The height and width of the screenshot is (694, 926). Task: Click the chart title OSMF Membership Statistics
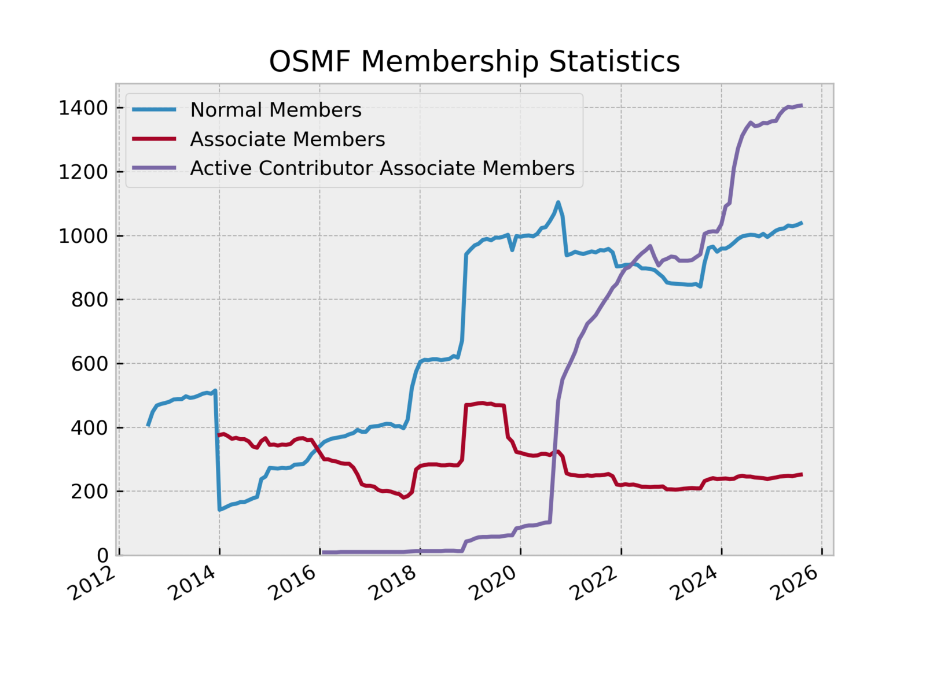coord(474,61)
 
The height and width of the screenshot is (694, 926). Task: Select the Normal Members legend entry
coord(275,110)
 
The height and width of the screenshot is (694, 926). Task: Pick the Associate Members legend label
coord(287,139)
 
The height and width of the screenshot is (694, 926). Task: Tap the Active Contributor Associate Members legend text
coord(382,168)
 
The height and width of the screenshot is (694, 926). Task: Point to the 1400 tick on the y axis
coord(83,108)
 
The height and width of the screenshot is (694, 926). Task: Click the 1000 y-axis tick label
coord(83,236)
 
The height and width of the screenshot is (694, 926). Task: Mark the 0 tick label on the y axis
coord(102,555)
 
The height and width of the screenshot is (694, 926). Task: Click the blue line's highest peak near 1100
coord(558,202)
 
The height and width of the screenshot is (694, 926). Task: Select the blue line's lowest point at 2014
coord(219,510)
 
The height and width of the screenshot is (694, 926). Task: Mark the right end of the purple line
coord(802,105)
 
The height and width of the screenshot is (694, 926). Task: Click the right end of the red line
coord(802,474)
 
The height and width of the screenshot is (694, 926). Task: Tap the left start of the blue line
coord(148,425)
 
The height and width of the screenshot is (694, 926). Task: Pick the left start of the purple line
coord(323,552)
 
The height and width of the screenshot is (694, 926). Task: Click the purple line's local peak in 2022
coord(650,246)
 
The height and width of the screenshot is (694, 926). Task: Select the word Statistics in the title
coord(614,61)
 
